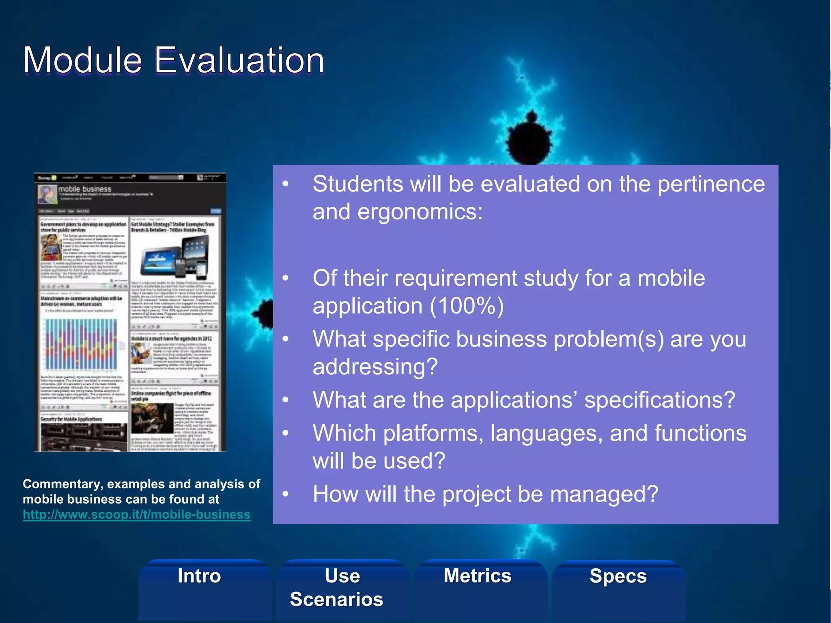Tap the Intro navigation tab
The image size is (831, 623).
point(199,576)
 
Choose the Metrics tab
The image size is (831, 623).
point(478,576)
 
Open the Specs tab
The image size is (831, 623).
point(618,576)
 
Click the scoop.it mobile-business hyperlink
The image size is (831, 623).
point(136,515)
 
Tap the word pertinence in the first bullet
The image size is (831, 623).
point(711,184)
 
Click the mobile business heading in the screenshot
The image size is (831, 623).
point(85,189)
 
